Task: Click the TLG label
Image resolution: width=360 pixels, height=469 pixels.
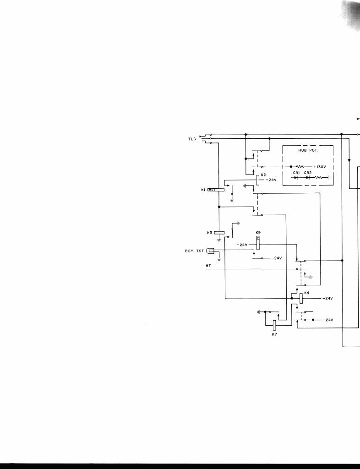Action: point(192,139)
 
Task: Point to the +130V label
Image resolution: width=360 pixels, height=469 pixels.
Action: point(321,167)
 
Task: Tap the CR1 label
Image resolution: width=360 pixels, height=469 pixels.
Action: point(296,172)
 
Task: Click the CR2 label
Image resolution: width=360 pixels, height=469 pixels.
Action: point(308,172)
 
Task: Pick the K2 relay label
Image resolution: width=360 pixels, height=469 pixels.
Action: point(263,175)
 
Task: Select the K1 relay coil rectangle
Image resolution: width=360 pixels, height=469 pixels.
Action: point(217,190)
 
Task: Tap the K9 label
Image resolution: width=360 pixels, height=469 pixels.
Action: point(258,233)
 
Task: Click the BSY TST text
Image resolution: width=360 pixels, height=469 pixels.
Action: point(194,251)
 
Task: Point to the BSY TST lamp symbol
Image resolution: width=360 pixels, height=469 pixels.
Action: point(210,251)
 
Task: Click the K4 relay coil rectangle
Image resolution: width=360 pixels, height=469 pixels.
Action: point(301,298)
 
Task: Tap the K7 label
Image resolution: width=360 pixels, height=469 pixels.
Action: point(274,335)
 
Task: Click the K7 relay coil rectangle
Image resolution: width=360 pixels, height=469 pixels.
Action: point(274,325)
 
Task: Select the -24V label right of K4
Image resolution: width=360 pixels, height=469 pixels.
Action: point(327,298)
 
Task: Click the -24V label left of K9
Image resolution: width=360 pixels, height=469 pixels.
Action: point(242,245)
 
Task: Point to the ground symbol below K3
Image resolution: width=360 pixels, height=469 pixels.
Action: point(219,240)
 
